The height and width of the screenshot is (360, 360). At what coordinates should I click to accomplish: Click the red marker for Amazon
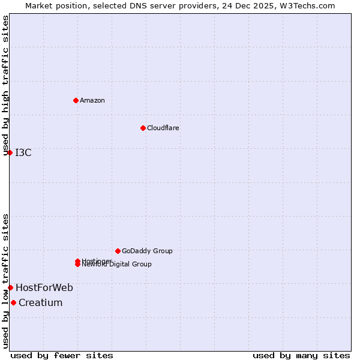(x=76, y=100)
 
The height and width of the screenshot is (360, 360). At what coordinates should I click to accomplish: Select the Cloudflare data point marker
(x=143, y=128)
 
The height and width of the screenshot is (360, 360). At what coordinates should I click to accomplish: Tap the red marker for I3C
(x=10, y=152)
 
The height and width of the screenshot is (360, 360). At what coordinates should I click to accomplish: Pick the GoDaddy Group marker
(x=118, y=251)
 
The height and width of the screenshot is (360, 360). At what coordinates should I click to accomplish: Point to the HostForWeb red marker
(x=10, y=287)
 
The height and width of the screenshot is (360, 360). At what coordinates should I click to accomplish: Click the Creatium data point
(x=13, y=302)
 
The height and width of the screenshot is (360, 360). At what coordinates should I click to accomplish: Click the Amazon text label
(x=92, y=100)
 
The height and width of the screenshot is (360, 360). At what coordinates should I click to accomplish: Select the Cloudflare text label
(x=163, y=128)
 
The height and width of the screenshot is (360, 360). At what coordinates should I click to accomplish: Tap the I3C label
(x=23, y=152)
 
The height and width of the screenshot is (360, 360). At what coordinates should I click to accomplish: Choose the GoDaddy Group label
(x=147, y=251)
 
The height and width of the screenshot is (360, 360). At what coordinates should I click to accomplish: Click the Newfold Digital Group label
(x=117, y=265)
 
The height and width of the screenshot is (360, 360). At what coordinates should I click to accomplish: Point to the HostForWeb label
(x=44, y=287)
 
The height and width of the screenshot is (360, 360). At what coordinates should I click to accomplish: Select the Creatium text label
(x=41, y=302)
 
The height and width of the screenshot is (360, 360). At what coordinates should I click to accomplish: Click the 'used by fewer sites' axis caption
(x=62, y=355)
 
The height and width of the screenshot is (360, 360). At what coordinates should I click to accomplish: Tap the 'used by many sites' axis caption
(x=301, y=355)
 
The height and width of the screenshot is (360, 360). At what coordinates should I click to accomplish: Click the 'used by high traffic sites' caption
(x=6, y=86)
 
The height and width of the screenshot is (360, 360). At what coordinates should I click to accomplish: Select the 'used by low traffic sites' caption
(x=6, y=281)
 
